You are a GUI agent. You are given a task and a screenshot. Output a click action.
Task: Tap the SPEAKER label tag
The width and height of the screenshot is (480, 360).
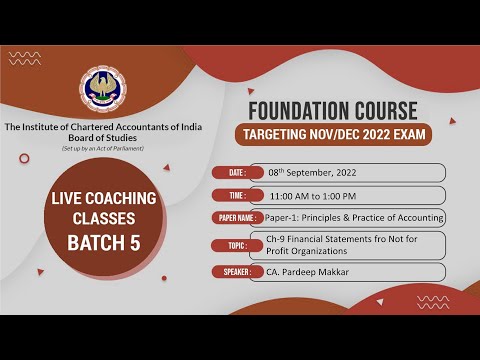click(237, 271)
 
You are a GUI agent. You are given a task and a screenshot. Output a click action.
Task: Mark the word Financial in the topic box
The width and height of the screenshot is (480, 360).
click(313, 239)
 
